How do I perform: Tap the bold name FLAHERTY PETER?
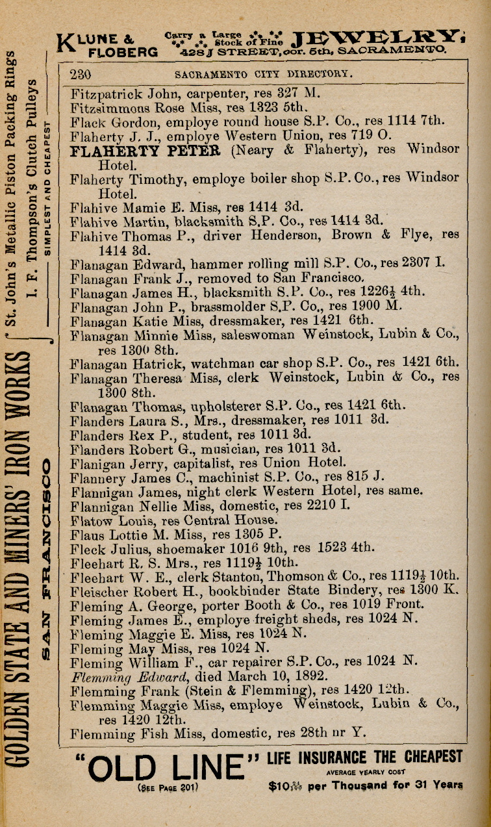click(x=145, y=151)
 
